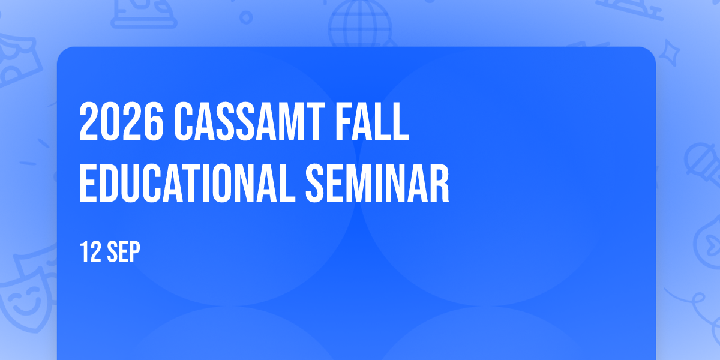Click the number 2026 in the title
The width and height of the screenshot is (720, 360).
121,121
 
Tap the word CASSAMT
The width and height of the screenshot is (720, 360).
250,121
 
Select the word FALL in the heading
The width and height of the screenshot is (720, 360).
373,121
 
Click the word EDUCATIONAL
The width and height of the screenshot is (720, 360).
187,183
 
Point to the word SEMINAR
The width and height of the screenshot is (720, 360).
377,183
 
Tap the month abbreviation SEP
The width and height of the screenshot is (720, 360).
124,251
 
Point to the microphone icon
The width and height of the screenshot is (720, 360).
703,164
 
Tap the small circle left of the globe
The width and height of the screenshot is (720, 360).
246,17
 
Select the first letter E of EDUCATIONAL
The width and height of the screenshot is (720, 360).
88,183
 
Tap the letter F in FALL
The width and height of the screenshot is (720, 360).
345,121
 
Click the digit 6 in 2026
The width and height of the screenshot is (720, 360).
153,121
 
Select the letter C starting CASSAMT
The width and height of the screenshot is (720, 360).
185,121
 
